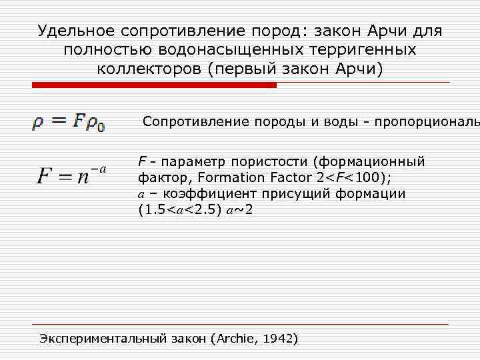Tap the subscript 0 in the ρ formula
click(101, 127)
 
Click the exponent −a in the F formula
click(100, 169)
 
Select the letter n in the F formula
click(83, 177)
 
